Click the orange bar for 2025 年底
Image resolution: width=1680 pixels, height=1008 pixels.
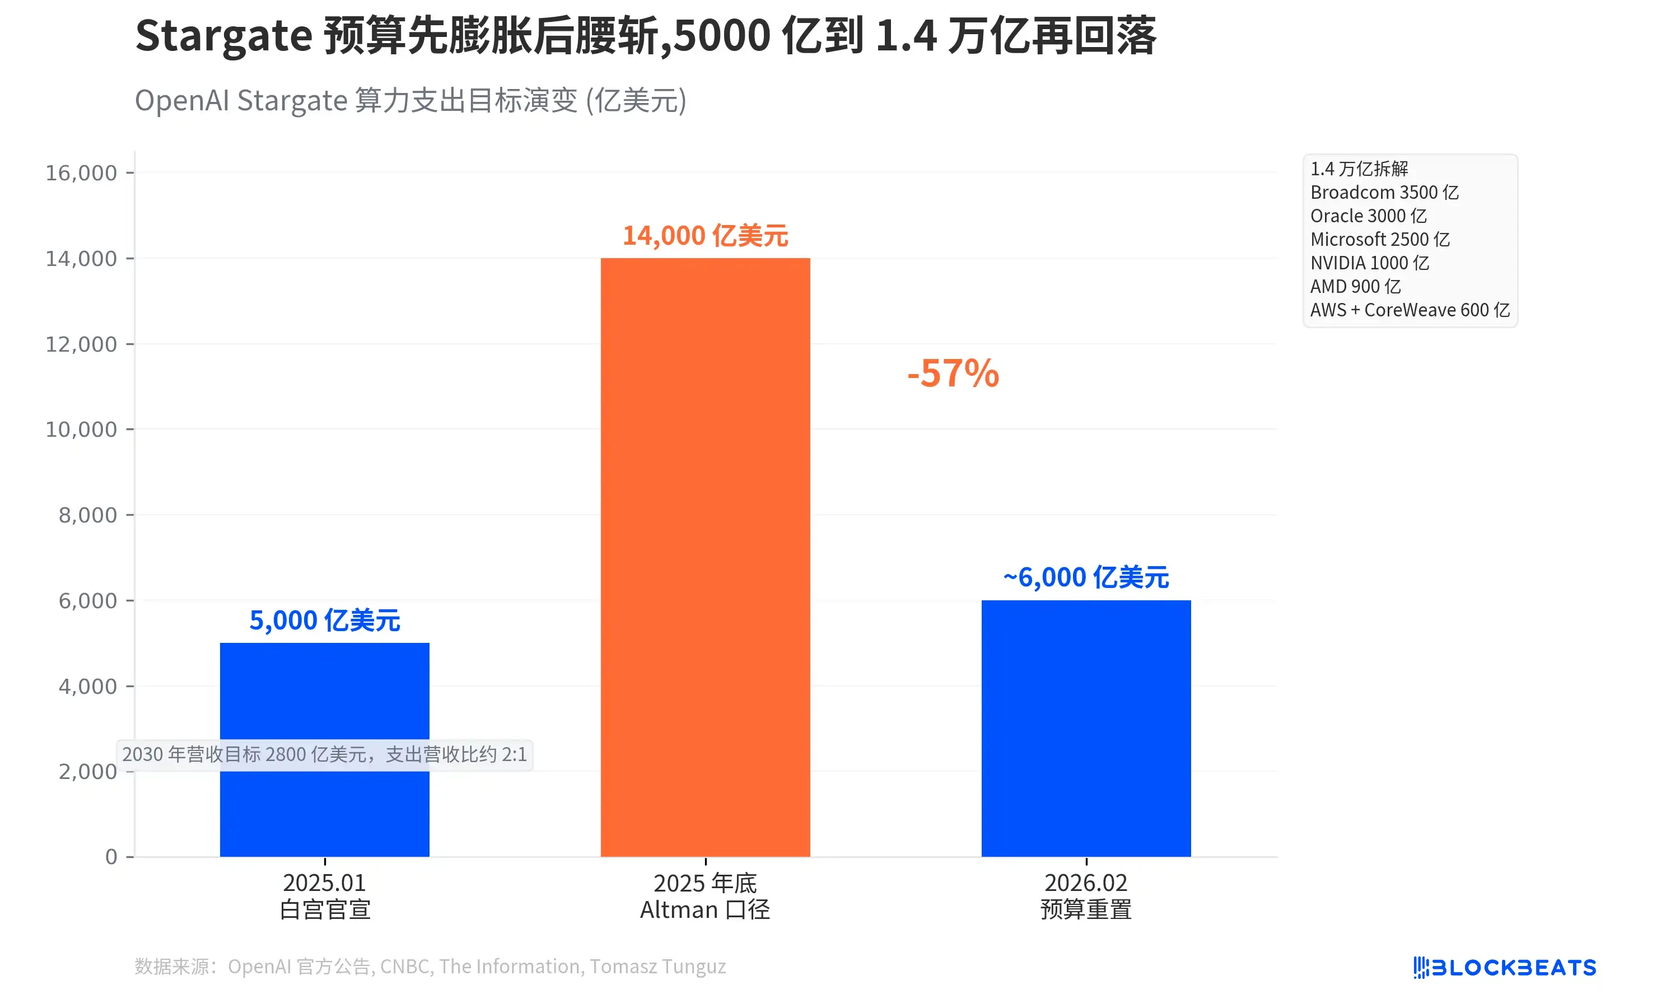pyautogui.click(x=705, y=557)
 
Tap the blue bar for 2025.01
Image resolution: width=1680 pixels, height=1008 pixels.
pyautogui.click(x=325, y=686)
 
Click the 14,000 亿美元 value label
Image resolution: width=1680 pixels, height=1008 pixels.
pyautogui.click(x=705, y=236)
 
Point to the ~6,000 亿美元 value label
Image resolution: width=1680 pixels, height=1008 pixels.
pyautogui.click(x=1085, y=577)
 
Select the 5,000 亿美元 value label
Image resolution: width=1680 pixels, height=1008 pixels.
pyautogui.click(x=325, y=620)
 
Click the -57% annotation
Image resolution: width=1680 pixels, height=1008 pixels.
pyautogui.click(x=953, y=374)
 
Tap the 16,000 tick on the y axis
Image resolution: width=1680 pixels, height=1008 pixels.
pyautogui.click(x=82, y=172)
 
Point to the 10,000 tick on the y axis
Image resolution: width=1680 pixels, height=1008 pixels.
pyautogui.click(x=82, y=430)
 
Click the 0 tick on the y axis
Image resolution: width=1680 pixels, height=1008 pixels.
pyautogui.click(x=111, y=857)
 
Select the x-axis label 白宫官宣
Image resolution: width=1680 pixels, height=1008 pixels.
pyautogui.click(x=325, y=909)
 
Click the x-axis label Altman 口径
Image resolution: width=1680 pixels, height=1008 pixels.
pyautogui.click(x=705, y=909)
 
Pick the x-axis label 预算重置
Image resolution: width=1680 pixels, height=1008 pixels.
pyautogui.click(x=1085, y=909)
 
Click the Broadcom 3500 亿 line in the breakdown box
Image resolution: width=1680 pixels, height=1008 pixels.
pyautogui.click(x=1384, y=192)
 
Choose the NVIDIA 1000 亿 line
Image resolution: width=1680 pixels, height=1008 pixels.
pyautogui.click(x=1369, y=263)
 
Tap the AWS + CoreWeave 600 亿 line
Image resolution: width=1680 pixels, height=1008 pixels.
pyautogui.click(x=1409, y=310)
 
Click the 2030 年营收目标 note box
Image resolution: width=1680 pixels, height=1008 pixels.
pyautogui.click(x=325, y=755)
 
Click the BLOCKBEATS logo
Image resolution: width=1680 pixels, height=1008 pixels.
pyautogui.click(x=1504, y=967)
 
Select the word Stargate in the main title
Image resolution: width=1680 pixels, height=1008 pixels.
pyautogui.click(x=223, y=35)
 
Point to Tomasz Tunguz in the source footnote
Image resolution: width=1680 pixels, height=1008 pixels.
pyautogui.click(x=657, y=966)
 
